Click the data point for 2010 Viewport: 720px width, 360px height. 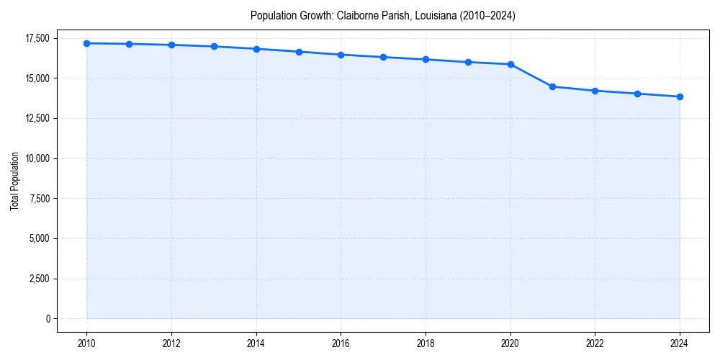tap(86, 43)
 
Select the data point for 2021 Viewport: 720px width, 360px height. tap(552, 86)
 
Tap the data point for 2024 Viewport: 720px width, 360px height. tap(680, 96)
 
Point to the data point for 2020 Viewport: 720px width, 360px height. tap(510, 64)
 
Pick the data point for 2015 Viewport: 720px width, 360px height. tap(299, 52)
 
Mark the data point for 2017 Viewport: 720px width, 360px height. tap(383, 57)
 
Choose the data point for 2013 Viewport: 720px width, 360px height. tap(214, 46)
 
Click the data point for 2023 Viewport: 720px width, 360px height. tap(637, 94)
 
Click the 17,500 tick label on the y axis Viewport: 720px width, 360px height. tap(36, 38)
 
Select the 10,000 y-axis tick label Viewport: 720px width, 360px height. tap(36, 158)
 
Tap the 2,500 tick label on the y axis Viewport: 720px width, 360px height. tap(38, 279)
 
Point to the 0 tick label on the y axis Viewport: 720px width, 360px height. tap(47, 319)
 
